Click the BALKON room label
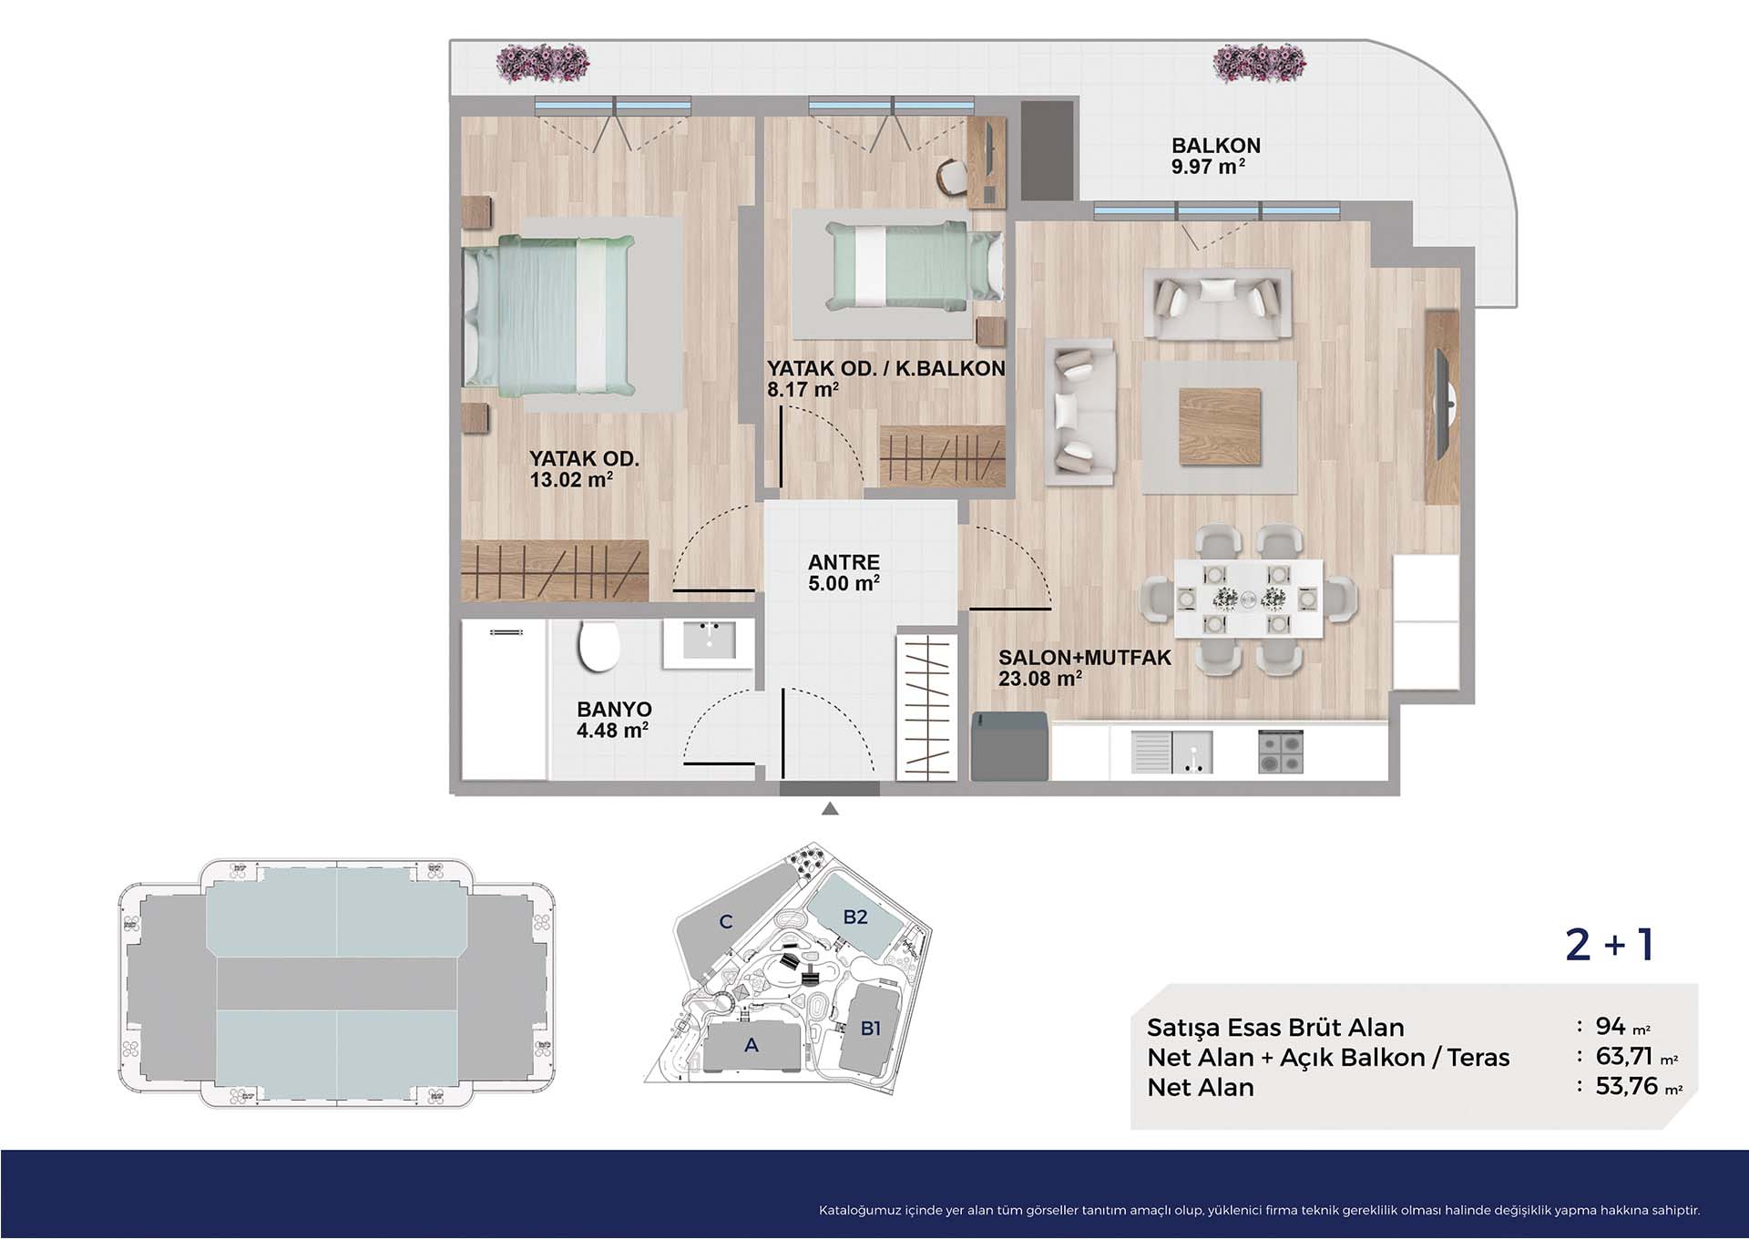coord(1215,146)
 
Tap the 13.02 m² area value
coord(571,479)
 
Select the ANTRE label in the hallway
coord(844,562)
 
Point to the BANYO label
coord(614,709)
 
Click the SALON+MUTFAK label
coord(1084,657)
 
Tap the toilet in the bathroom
coord(598,646)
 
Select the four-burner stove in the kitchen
coord(1281,752)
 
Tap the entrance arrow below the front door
coord(830,808)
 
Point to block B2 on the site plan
coord(855,917)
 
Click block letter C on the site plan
coord(726,921)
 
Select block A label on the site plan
coord(751,1045)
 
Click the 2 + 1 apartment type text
coord(1610,945)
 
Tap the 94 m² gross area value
coord(1622,1026)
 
